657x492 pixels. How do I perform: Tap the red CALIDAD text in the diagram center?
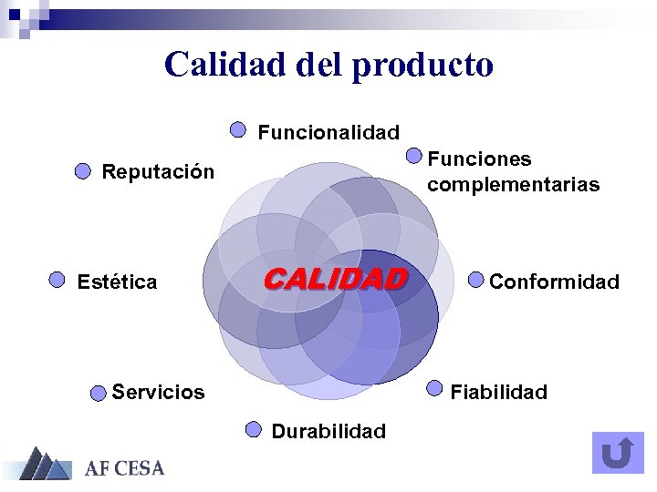[335, 278]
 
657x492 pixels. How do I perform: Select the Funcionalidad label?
[328, 132]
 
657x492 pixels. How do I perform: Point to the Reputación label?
[158, 171]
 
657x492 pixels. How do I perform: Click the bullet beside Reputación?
[82, 170]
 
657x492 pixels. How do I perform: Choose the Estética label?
[117, 282]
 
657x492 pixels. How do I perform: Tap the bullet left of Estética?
[57, 280]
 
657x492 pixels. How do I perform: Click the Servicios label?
[158, 393]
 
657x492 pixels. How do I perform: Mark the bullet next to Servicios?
[98, 394]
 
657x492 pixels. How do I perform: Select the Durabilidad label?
[328, 431]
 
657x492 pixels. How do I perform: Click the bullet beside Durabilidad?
[254, 428]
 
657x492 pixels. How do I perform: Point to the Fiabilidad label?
[499, 393]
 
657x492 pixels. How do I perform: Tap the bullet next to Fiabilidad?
[434, 389]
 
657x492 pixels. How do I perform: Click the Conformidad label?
[554, 282]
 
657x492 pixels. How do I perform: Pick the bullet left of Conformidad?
[476, 279]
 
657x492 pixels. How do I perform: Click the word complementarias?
[513, 185]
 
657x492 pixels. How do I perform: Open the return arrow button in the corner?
[618, 453]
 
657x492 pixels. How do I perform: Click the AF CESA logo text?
[124, 469]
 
